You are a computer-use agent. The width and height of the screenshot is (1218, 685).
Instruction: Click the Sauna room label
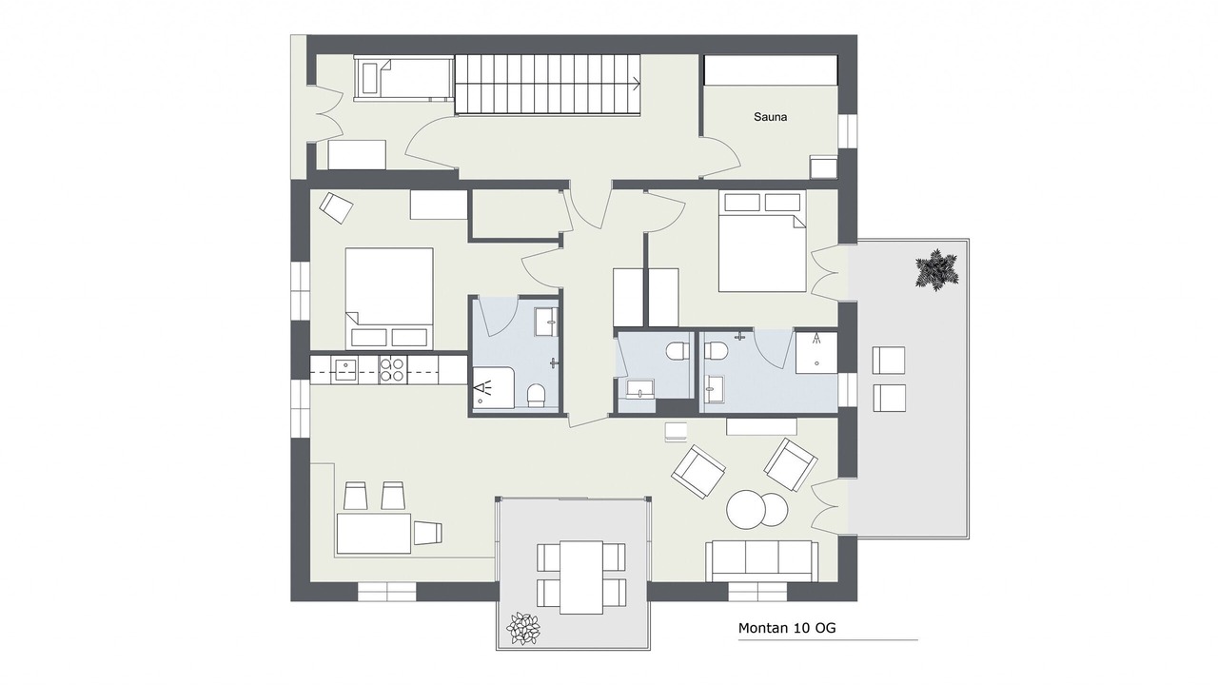click(770, 117)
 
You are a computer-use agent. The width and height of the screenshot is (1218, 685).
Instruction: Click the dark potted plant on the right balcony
click(935, 270)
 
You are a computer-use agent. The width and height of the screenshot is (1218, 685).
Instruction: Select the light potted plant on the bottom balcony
click(523, 628)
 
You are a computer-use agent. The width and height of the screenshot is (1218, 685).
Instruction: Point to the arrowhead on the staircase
click(637, 84)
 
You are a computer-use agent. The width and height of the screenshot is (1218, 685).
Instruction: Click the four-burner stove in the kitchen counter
click(392, 370)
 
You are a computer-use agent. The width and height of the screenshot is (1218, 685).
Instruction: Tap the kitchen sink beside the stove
click(344, 370)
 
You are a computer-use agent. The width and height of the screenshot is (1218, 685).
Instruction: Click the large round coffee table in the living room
click(746, 509)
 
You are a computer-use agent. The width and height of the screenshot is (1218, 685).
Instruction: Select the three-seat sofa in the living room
click(761, 561)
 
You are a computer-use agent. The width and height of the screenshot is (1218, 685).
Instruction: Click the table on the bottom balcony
click(581, 577)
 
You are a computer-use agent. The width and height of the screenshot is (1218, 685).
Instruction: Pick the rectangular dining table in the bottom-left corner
click(374, 534)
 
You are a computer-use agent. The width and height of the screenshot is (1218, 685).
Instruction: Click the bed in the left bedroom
click(389, 299)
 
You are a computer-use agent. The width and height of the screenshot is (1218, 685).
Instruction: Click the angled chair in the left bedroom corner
click(336, 207)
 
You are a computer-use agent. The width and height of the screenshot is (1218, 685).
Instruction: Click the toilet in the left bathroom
click(536, 395)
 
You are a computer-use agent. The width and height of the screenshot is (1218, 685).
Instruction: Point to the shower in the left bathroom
click(493, 387)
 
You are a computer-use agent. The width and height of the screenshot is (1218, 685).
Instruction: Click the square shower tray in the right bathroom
click(816, 352)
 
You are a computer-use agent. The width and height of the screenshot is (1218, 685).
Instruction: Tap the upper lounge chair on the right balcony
click(889, 360)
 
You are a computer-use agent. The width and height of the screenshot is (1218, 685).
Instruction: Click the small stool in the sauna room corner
click(823, 166)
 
